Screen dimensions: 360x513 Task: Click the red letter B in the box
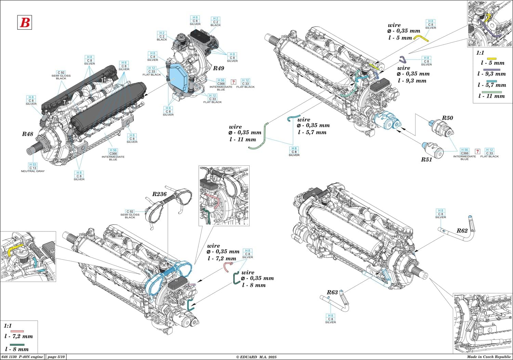24,22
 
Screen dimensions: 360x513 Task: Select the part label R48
28,134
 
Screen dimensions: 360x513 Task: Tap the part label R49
219,68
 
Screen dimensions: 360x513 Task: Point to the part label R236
159,194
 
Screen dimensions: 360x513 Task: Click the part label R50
447,118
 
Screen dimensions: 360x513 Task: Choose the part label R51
426,159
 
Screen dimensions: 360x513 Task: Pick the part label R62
462,231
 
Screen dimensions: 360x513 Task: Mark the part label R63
332,292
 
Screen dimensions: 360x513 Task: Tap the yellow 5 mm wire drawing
421,38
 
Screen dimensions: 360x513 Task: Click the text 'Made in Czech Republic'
491,357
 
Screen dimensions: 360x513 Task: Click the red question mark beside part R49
234,82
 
